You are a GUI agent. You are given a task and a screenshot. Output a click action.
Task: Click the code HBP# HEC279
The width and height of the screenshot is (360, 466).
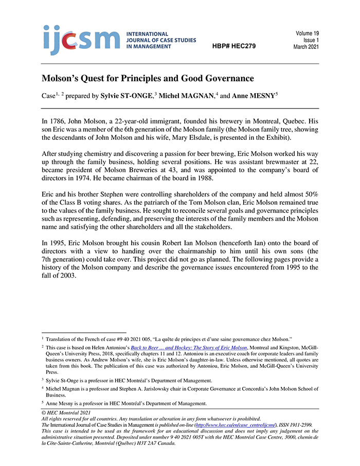[234, 46]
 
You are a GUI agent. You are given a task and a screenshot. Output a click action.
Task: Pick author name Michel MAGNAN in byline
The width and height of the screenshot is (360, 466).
[188, 96]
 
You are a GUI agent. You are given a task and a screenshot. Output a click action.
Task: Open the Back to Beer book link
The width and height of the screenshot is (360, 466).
[189, 348]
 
